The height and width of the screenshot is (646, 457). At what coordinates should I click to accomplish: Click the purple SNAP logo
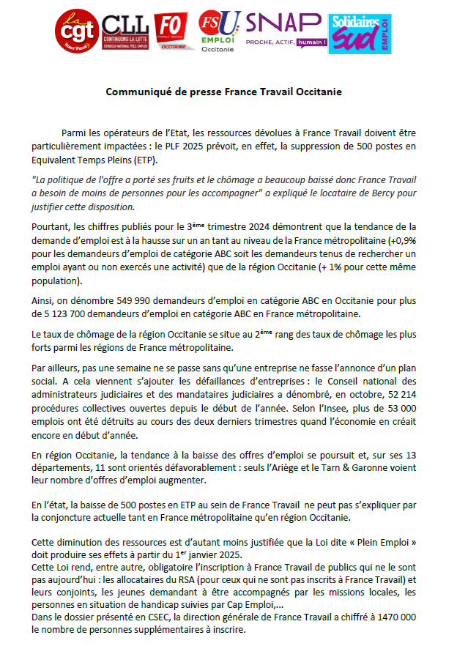(x=286, y=31)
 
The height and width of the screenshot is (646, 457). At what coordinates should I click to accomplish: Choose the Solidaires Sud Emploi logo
(x=359, y=33)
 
